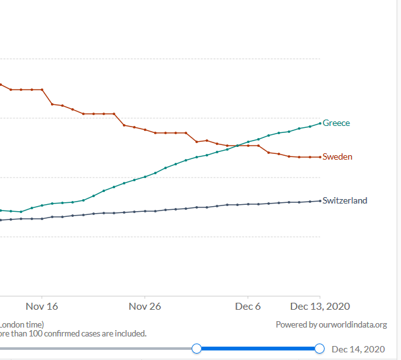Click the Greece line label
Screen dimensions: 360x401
(x=336, y=123)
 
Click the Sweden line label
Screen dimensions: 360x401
(x=337, y=156)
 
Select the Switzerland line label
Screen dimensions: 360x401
(x=344, y=200)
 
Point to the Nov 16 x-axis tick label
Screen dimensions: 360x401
(x=42, y=307)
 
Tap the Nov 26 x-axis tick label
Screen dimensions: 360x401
(x=144, y=307)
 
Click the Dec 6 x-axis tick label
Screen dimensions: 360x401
(x=248, y=307)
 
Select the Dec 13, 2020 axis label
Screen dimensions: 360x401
(x=320, y=307)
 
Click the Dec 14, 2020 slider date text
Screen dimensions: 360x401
(x=358, y=349)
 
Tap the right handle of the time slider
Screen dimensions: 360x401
(x=320, y=349)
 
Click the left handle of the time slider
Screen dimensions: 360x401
(x=197, y=349)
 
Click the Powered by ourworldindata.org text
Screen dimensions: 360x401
(x=331, y=325)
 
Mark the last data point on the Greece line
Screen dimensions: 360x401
(x=320, y=123)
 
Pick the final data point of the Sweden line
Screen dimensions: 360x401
(x=320, y=157)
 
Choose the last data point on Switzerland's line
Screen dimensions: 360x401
(x=320, y=201)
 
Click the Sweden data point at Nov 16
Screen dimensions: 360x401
(x=42, y=90)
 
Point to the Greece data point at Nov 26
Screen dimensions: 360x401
(x=145, y=177)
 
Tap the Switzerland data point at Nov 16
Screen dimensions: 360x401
(x=42, y=219)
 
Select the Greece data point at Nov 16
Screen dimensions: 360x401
(x=42, y=205)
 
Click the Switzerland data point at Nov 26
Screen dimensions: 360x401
(x=145, y=211)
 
